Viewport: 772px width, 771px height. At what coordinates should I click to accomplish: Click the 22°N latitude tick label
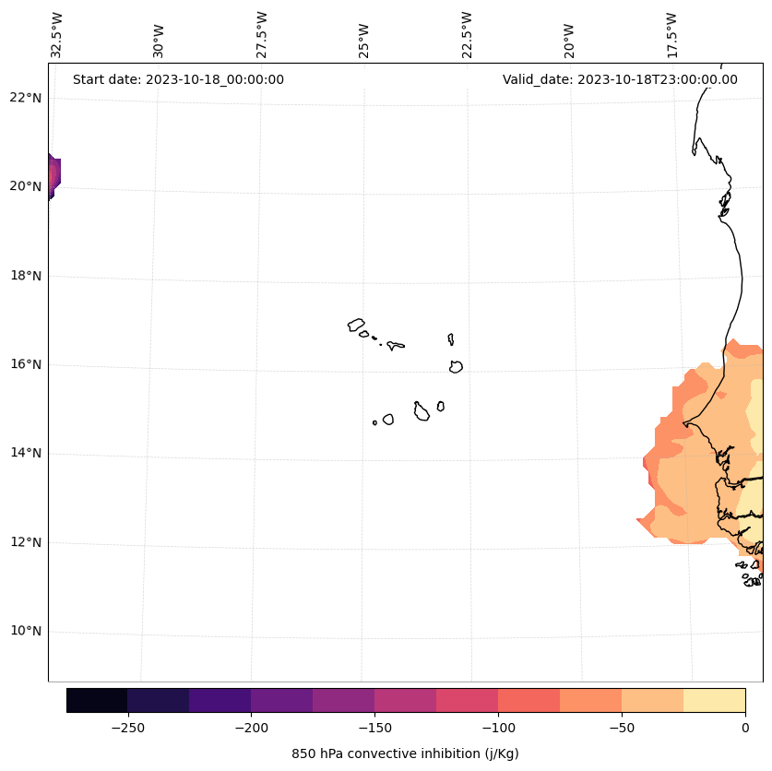click(26, 98)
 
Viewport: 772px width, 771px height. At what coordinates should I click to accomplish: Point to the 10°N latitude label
click(26, 632)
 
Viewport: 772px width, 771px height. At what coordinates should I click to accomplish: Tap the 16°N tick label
click(26, 364)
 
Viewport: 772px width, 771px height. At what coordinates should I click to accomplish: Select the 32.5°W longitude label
click(57, 35)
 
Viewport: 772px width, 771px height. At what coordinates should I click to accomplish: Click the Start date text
click(178, 79)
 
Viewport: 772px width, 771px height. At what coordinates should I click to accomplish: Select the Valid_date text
click(620, 79)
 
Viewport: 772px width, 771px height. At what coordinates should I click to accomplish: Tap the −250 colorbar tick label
click(127, 728)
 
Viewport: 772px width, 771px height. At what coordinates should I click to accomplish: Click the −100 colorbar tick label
click(498, 728)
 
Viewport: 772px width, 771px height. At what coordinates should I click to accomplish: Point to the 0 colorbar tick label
click(745, 728)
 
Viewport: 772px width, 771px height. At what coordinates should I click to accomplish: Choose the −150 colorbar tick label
click(374, 728)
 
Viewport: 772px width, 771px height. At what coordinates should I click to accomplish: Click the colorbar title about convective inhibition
click(405, 753)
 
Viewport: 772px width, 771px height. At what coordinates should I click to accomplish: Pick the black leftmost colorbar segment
click(97, 700)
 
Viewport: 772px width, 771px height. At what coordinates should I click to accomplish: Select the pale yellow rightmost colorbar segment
click(715, 700)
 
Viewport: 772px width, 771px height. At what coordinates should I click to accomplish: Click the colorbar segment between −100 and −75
click(529, 700)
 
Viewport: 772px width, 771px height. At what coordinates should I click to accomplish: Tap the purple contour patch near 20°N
click(53, 175)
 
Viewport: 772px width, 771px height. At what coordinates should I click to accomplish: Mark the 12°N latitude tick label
click(26, 542)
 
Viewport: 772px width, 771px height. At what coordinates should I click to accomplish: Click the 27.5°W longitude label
click(262, 35)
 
